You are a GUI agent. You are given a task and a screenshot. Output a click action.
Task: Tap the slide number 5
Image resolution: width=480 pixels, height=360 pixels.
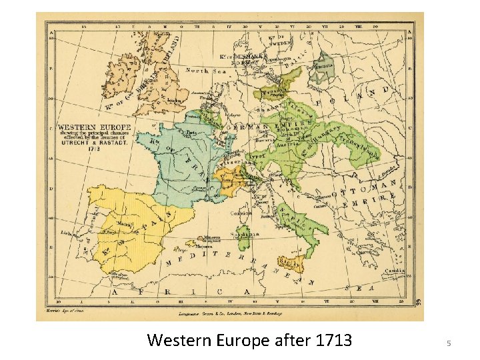coord(449,343)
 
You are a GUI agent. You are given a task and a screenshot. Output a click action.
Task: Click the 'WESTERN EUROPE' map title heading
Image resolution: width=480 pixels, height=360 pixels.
coord(84,127)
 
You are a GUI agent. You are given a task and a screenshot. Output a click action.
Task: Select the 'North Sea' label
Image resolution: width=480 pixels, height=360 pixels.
coord(206,71)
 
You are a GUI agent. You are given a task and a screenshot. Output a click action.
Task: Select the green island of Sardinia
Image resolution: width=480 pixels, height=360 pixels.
coord(246,235)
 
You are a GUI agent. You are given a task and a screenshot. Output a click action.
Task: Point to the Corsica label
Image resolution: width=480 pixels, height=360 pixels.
coord(237,213)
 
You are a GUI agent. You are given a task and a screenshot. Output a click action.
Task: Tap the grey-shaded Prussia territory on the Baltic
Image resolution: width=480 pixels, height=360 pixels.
coord(325,65)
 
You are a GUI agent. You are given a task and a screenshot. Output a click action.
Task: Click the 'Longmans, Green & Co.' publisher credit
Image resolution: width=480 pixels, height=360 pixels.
coord(231,313)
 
